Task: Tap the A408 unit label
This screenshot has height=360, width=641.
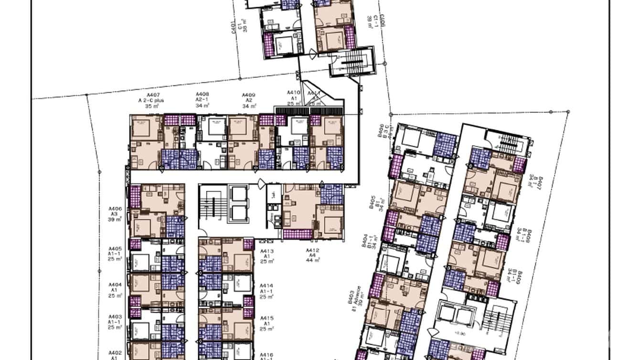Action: [203, 95]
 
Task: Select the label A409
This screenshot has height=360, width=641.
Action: [248, 95]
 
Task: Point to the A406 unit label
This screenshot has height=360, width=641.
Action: [115, 209]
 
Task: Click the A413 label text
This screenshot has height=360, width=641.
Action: [267, 251]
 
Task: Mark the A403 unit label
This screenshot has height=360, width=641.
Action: [115, 317]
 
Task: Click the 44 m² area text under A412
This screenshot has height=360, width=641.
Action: [313, 261]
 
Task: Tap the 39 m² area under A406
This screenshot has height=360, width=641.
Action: [115, 219]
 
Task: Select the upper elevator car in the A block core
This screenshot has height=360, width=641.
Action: [239, 194]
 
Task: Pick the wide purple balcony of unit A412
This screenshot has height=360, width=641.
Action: [298, 234]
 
